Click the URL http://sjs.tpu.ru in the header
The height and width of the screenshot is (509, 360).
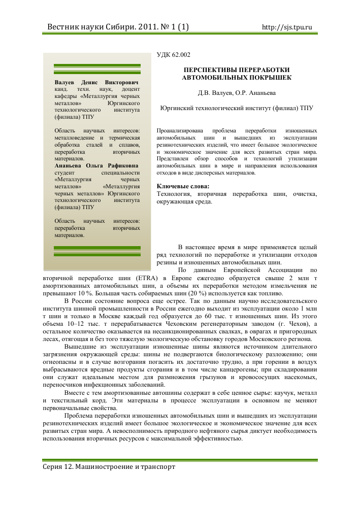coord(286,27)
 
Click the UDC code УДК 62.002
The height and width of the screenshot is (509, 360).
coord(174,55)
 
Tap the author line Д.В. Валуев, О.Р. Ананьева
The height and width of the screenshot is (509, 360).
coord(237,93)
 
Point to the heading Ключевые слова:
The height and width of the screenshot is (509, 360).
coord(179,186)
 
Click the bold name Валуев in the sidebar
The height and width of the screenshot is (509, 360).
coord(65,82)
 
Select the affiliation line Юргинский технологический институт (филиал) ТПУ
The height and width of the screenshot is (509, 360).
coord(237,108)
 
